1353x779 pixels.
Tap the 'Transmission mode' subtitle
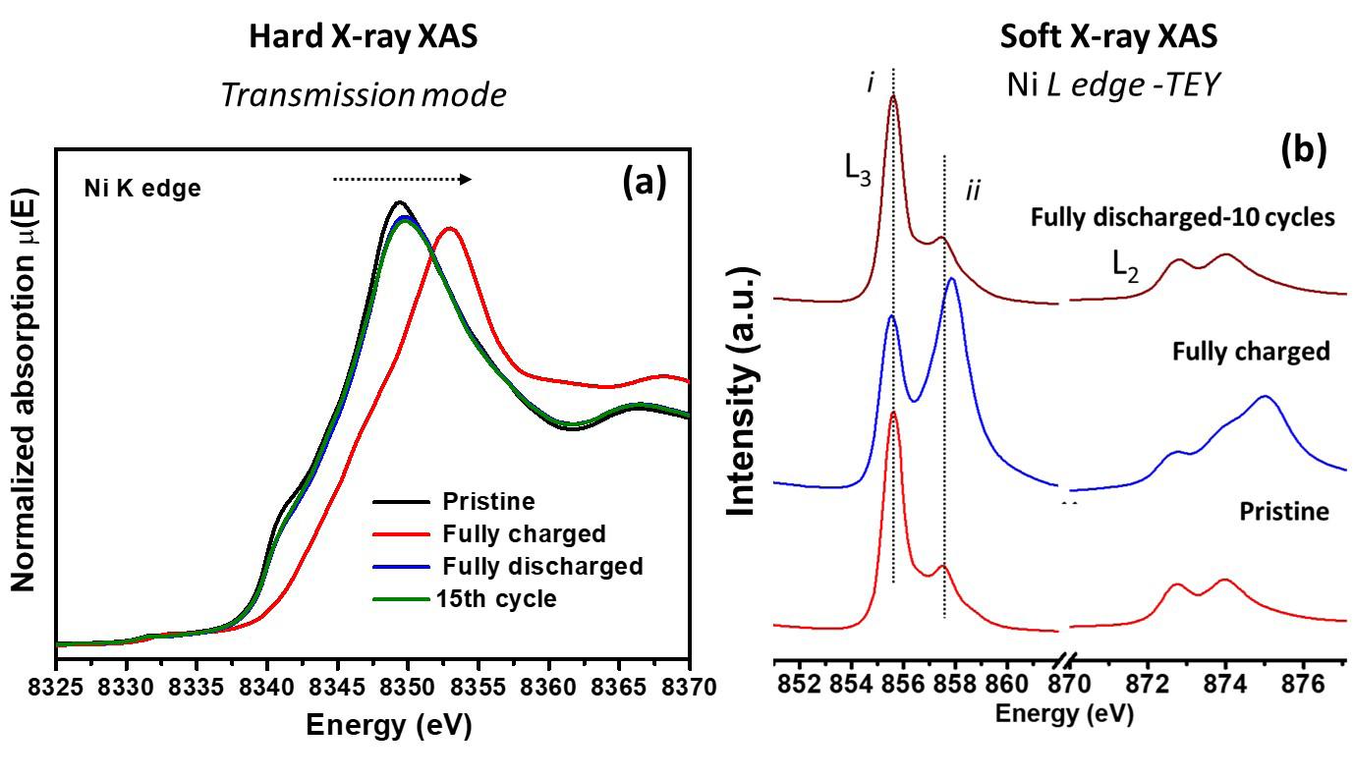click(x=364, y=94)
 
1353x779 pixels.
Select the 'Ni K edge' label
click(x=141, y=189)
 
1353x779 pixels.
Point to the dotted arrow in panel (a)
click(x=402, y=179)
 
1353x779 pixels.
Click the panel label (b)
click(x=1304, y=149)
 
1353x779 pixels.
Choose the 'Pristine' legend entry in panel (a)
click(x=488, y=502)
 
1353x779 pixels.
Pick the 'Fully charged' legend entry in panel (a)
click(x=524, y=534)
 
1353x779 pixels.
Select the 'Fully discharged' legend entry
click(x=542, y=567)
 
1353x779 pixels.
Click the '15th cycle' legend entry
click(x=496, y=598)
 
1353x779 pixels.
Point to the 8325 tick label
click(x=57, y=682)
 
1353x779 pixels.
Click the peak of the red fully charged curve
click(x=449, y=229)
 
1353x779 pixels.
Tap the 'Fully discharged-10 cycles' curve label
click(x=1182, y=218)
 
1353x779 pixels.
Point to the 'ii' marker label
click(x=974, y=191)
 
